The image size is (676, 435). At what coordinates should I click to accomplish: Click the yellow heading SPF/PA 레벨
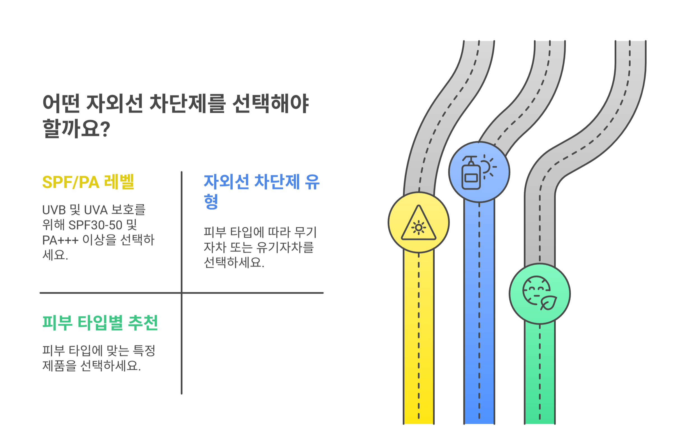(x=88, y=182)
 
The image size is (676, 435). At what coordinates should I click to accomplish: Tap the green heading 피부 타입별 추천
(x=100, y=322)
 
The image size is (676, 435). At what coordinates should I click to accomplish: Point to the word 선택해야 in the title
(x=270, y=103)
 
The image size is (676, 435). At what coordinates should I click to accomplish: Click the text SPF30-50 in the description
(x=95, y=225)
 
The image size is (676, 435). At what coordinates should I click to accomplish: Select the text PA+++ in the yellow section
(x=60, y=240)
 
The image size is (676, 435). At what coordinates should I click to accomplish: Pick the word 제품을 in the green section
(x=59, y=366)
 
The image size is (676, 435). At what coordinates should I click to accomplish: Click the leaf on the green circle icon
(x=548, y=303)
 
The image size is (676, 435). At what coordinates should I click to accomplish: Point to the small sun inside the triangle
(x=418, y=228)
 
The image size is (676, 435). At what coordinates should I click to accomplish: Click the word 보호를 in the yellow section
(x=128, y=210)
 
